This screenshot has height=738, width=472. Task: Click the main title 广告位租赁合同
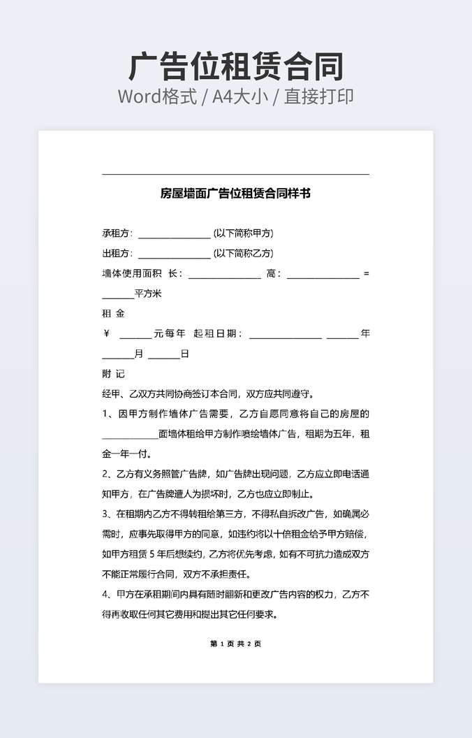(x=236, y=67)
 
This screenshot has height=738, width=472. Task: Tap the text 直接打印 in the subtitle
(x=318, y=96)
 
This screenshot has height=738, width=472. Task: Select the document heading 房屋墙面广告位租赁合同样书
(x=235, y=194)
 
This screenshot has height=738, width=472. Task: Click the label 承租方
(x=117, y=233)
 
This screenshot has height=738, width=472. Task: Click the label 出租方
(x=117, y=254)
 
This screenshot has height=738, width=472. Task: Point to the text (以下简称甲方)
(x=243, y=233)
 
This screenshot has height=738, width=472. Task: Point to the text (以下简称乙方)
(x=243, y=254)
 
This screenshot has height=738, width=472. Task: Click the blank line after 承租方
(x=174, y=235)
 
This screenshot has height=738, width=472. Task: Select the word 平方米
(x=148, y=294)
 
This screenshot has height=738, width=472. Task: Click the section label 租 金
(x=113, y=314)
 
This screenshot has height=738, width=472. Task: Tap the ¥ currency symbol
(x=106, y=334)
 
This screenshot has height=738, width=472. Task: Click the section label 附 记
(x=113, y=374)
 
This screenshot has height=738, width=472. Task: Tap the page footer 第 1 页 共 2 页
(x=235, y=644)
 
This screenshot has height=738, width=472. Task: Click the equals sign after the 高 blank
(x=367, y=274)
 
